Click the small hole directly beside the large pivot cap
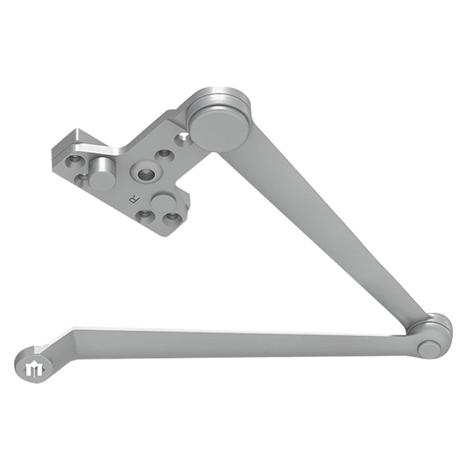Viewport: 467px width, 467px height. coord(185,138)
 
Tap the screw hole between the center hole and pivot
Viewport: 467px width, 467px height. coord(164,154)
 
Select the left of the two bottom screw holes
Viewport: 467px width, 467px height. coord(145,215)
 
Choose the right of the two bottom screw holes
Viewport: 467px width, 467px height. coord(171,221)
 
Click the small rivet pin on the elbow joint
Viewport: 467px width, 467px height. coord(429,347)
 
